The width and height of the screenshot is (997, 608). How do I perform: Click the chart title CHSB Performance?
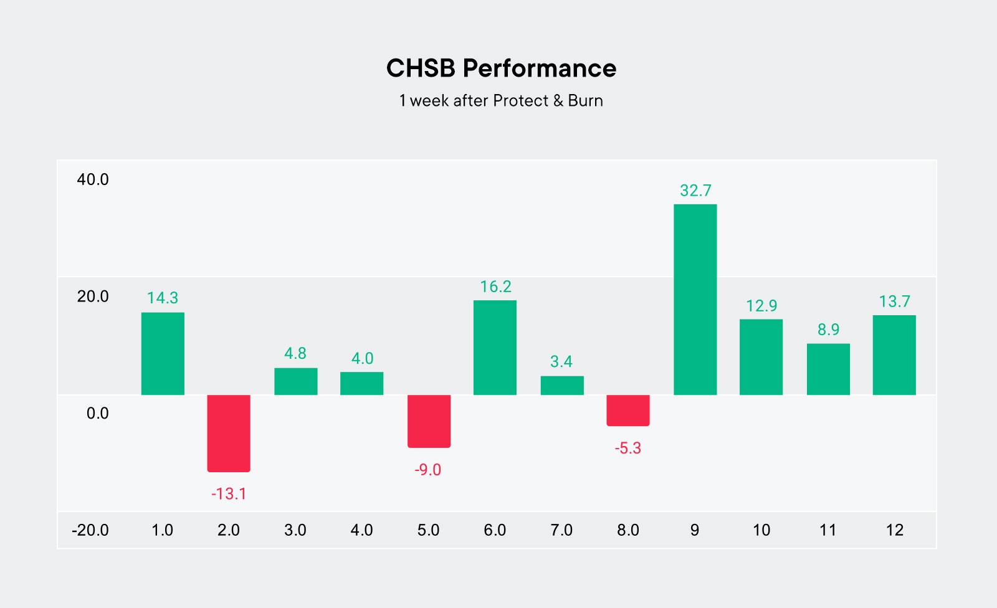click(501, 69)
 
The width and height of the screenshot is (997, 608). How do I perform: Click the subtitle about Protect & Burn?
click(501, 101)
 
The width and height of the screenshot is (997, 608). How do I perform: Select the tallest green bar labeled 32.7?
click(695, 299)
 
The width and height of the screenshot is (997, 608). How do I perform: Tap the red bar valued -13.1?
click(229, 433)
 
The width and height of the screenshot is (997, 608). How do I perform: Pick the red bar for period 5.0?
click(429, 421)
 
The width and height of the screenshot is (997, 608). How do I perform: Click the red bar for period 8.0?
click(628, 410)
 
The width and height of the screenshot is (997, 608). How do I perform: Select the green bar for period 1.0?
click(163, 353)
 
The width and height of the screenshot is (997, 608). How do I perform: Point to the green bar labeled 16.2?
click(495, 348)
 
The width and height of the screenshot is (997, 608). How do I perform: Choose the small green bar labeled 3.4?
click(562, 385)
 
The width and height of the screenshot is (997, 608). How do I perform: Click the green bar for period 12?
click(894, 355)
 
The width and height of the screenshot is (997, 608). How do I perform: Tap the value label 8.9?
click(828, 330)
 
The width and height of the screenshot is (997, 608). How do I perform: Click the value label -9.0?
click(428, 470)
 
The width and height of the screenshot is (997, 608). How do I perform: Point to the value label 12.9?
click(761, 306)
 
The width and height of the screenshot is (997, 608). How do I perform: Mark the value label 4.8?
click(295, 354)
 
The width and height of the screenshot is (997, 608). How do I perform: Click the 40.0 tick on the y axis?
click(92, 180)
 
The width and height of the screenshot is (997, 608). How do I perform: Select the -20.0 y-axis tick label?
click(90, 530)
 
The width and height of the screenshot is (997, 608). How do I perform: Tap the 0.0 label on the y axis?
click(97, 414)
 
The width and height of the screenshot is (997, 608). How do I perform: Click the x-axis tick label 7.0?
click(561, 530)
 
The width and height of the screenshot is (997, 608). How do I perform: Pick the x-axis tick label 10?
click(761, 530)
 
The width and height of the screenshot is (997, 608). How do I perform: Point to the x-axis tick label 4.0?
click(361, 530)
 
